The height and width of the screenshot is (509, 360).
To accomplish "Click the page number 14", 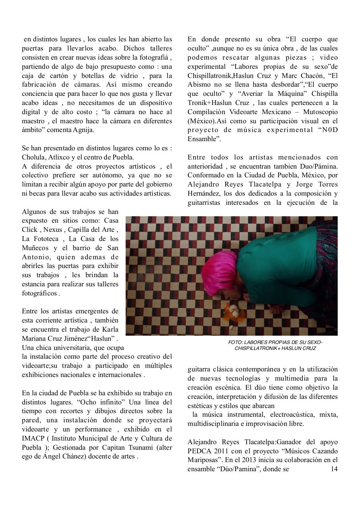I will pos(334,469).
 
